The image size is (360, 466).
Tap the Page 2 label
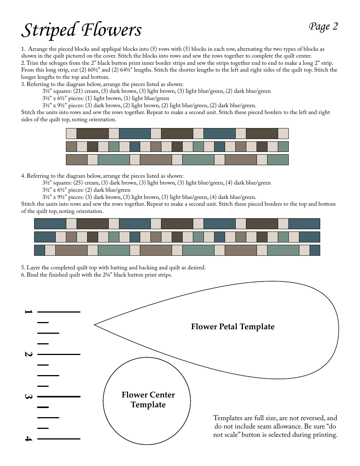click(323, 27)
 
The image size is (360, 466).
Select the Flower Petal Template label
click(233, 327)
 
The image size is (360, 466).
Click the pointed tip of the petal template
click(95, 325)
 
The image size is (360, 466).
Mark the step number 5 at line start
click(23, 268)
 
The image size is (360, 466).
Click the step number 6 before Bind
click(23, 275)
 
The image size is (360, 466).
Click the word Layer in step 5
click(33, 268)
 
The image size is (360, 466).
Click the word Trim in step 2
click(32, 63)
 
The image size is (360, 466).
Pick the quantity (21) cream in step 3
click(86, 91)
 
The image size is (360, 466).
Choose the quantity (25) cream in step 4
click(86, 183)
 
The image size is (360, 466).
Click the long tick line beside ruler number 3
click(59, 397)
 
